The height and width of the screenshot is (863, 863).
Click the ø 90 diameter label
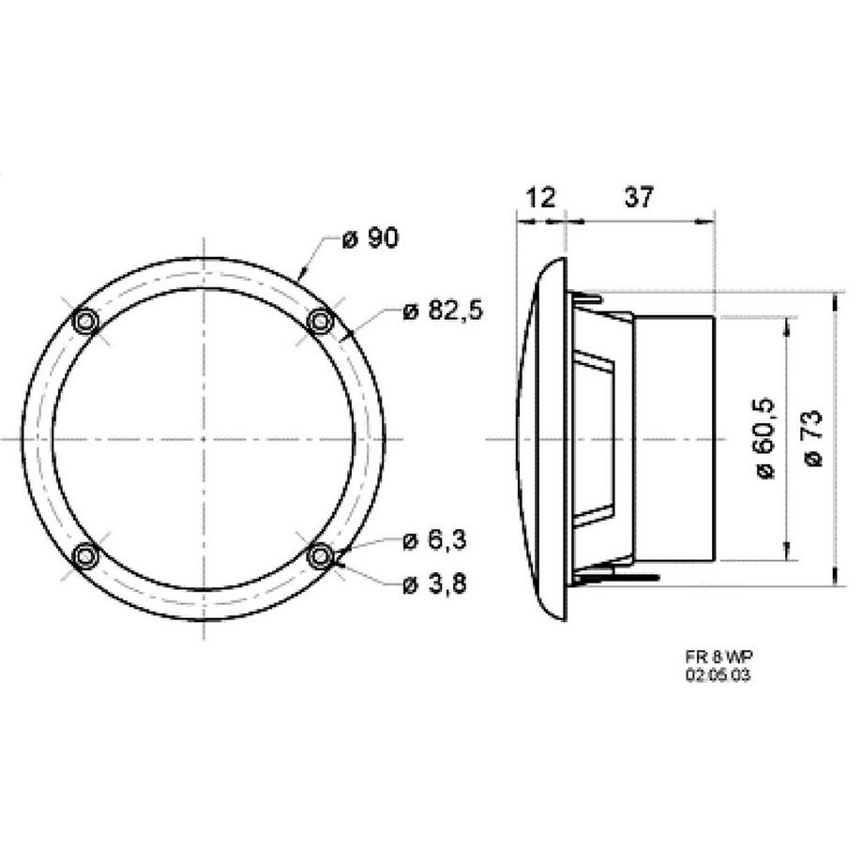(370, 239)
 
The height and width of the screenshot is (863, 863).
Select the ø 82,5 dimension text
(442, 311)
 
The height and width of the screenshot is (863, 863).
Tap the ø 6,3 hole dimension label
(434, 540)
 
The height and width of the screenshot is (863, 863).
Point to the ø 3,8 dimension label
(434, 584)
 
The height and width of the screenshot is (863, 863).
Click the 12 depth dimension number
(541, 197)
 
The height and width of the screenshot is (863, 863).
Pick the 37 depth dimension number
(638, 197)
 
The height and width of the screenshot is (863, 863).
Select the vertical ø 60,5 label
(765, 438)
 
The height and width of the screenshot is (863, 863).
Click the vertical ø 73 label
(813, 438)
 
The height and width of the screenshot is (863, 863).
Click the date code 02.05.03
(718, 674)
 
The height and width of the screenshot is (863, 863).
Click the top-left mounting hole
(86, 322)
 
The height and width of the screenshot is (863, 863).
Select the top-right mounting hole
(321, 322)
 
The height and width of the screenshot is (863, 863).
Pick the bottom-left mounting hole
(86, 556)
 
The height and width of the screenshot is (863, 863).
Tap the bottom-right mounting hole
(321, 556)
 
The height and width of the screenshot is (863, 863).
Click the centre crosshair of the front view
(204, 439)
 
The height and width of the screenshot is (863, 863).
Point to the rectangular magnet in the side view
(674, 439)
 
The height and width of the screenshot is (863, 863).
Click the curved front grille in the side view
(539, 439)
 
